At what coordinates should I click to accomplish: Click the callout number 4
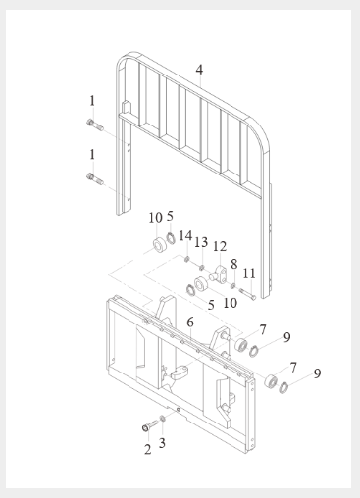(199, 70)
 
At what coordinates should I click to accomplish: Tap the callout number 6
(190, 323)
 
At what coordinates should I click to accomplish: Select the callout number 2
(148, 449)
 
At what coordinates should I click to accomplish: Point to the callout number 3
(162, 443)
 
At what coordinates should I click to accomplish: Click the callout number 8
(234, 264)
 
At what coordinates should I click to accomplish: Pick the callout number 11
(249, 274)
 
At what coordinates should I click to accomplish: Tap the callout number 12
(220, 246)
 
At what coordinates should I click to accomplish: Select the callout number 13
(201, 242)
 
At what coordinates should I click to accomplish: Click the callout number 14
(185, 235)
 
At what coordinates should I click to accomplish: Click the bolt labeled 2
(149, 425)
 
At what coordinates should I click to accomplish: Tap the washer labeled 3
(163, 418)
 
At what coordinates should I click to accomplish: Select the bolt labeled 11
(247, 293)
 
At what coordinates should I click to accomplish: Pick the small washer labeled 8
(232, 286)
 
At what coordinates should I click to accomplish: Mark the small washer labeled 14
(187, 260)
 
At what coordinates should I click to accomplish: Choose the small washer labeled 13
(202, 268)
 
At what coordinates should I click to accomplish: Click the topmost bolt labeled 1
(95, 125)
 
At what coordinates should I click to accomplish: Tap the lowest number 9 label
(317, 373)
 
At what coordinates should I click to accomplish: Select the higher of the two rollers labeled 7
(242, 345)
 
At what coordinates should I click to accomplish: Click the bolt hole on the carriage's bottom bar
(179, 410)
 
